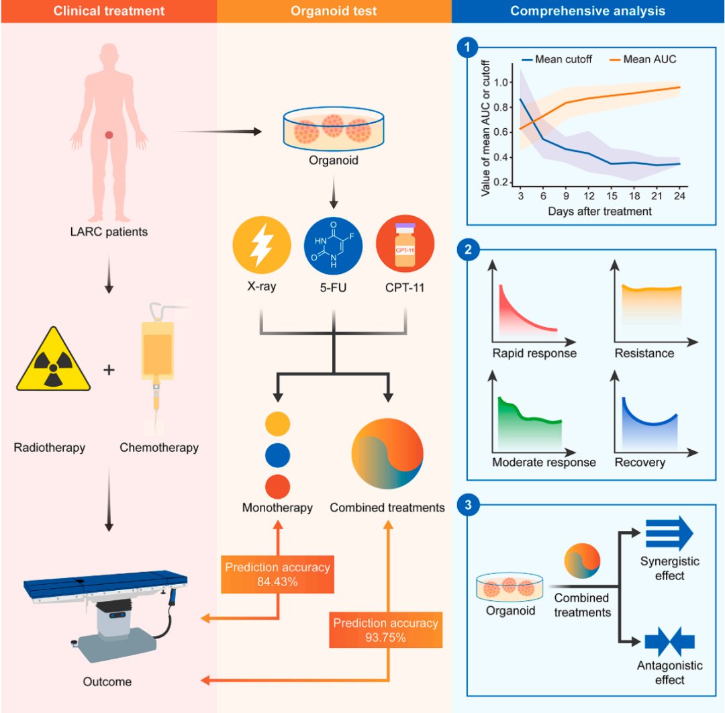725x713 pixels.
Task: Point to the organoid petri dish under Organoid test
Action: [334, 130]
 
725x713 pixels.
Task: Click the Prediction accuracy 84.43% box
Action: [277, 574]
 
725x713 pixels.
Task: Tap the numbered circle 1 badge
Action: [467, 48]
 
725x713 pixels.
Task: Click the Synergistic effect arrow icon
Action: [669, 533]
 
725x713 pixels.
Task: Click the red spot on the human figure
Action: [109, 135]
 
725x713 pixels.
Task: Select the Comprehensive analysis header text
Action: [587, 11]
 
